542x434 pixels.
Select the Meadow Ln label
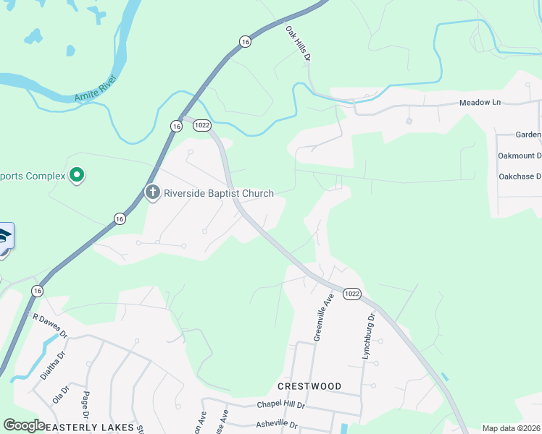pos(480,103)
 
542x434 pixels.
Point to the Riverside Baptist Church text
pos(218,193)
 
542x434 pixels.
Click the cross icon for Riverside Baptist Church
pos(152,192)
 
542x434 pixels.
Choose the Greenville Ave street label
pos(322,317)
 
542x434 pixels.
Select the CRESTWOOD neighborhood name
pos(309,386)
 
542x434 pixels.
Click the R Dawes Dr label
pos(49,325)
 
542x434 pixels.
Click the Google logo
pos(23,425)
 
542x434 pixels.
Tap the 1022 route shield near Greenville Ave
pos(351,294)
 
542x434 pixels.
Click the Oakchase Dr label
pos(520,176)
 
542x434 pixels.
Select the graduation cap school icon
pos(3,237)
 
